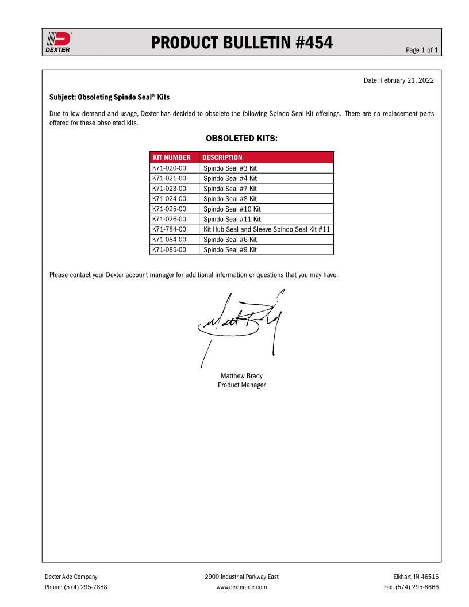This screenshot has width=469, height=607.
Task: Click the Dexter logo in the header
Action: coord(58,41)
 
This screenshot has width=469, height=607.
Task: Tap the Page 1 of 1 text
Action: coord(422,51)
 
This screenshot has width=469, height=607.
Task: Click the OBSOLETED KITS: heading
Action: coord(241,139)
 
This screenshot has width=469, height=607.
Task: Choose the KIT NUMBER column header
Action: coord(171,157)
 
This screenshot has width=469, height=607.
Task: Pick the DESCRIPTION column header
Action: coord(222,157)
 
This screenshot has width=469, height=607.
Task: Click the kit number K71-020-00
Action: coord(169,168)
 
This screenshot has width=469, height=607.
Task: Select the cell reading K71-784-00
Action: coord(169,229)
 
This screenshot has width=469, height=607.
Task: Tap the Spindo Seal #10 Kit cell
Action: coord(232,209)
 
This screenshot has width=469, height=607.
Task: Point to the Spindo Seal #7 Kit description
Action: coord(230,189)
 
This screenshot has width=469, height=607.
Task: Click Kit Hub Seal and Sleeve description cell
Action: coord(266,229)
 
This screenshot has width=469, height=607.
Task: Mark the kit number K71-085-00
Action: coord(169,250)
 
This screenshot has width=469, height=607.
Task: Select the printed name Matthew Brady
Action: coord(241,376)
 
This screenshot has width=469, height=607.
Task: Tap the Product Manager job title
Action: coord(241,385)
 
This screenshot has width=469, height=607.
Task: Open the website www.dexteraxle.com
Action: coord(241,587)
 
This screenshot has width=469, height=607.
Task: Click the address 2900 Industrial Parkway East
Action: coord(241,577)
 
